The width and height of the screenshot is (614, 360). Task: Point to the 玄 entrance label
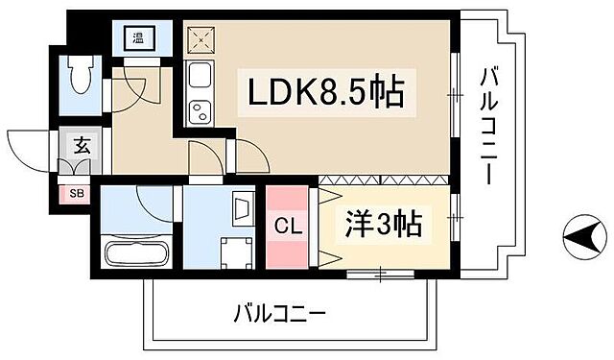point(82,148)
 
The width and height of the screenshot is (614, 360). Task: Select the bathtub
point(136,256)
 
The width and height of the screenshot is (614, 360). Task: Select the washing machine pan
point(232,253)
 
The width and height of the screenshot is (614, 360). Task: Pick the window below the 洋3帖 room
point(381,276)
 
